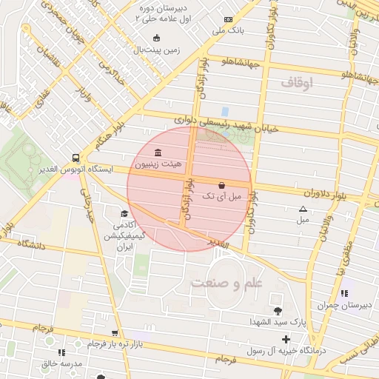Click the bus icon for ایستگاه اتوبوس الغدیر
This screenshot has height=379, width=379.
(76, 158)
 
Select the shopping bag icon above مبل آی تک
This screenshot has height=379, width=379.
(221, 184)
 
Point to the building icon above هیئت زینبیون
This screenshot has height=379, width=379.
(158, 152)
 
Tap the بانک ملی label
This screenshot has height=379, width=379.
(228, 31)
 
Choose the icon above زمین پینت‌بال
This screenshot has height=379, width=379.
(155, 38)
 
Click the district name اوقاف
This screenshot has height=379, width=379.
(297, 84)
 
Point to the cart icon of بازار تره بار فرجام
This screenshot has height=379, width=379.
(114, 334)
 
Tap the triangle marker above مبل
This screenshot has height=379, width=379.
(302, 209)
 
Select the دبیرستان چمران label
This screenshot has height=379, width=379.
(342, 304)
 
